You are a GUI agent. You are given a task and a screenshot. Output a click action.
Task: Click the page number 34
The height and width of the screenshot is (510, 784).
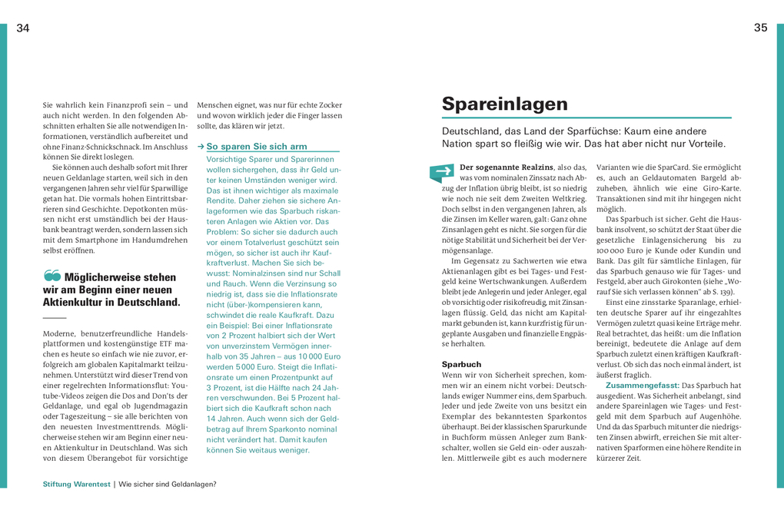[23, 28]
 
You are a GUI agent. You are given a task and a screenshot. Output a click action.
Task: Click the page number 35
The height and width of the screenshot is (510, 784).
[760, 28]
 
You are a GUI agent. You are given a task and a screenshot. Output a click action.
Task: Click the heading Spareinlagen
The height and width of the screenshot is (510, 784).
[504, 104]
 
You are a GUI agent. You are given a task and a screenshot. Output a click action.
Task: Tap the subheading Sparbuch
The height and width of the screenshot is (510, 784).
[461, 364]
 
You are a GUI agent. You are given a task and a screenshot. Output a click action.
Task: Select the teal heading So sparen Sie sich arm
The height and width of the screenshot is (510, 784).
[257, 146]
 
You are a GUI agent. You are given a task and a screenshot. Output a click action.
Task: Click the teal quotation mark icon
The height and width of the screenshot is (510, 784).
[52, 275]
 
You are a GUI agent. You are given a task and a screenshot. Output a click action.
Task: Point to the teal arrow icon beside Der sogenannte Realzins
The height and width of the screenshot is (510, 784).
[441, 172]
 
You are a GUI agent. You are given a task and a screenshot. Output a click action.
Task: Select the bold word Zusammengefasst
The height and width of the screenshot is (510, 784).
[643, 385]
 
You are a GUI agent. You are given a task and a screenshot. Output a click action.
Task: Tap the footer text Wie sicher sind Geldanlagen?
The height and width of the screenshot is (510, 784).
[168, 484]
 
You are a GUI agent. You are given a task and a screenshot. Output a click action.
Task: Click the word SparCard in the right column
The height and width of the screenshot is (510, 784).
[678, 167]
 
